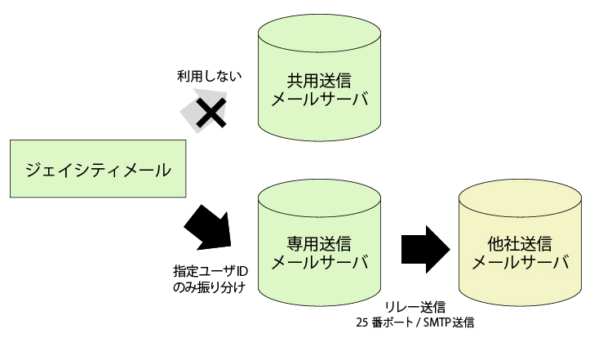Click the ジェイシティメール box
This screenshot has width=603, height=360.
97,171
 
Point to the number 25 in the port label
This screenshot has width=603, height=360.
362,322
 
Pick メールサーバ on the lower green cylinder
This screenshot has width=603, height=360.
318,264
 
